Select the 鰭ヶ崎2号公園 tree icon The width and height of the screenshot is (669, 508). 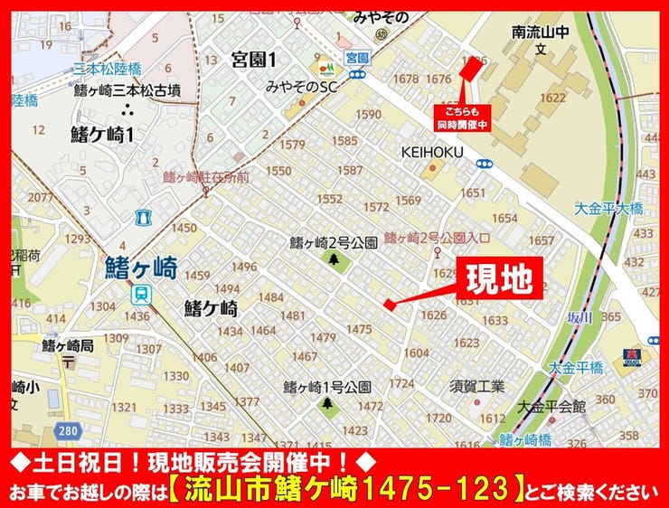tap(336, 261)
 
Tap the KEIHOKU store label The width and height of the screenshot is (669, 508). tap(432, 153)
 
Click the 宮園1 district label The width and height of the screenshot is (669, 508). tap(254, 60)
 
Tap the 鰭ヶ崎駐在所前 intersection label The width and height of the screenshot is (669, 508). tap(206, 178)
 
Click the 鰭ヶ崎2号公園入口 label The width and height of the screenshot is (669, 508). tap(437, 238)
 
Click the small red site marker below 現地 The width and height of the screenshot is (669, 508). tap(389, 305)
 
